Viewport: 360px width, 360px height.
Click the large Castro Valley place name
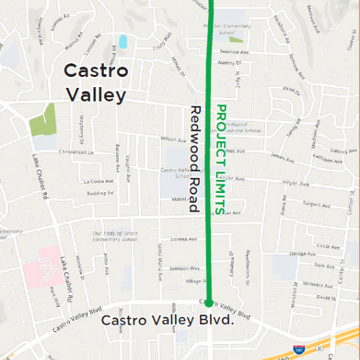coord(96,83)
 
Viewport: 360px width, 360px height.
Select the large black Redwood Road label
coord(194,159)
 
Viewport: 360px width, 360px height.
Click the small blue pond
coord(122,42)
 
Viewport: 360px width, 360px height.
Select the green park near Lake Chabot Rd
coord(42,120)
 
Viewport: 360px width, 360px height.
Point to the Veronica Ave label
coord(316,285)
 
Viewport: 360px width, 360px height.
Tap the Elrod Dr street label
coord(291,89)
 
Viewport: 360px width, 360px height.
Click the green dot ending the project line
coord(209,303)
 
